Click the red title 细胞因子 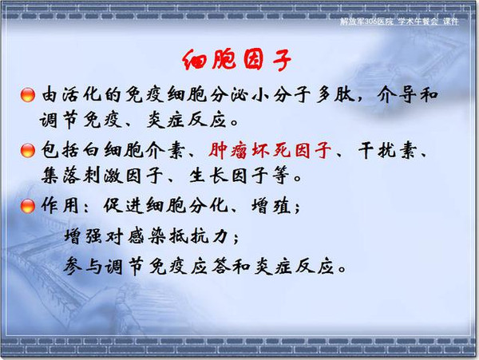coord(237,60)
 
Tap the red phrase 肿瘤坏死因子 coord(270,150)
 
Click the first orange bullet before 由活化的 coord(27,95)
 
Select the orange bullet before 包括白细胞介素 coord(27,150)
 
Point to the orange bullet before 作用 coord(27,206)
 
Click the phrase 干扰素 coord(387,150)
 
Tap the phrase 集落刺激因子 coord(102,176)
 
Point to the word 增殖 coord(271,205)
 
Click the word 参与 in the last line coord(82,267)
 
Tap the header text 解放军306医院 coord(366,22)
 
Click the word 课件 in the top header coord(450,22)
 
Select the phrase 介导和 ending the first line coord(407,94)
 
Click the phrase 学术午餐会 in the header coord(418,22)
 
